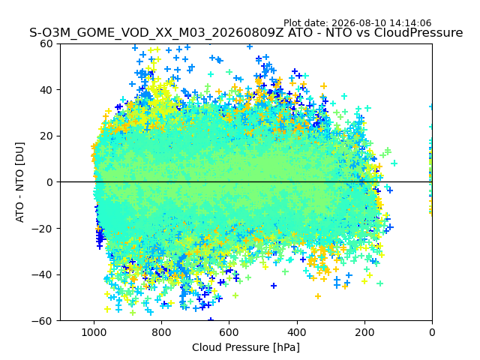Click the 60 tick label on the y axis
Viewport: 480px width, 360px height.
pos(46,43)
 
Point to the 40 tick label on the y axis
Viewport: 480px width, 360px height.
pos(46,90)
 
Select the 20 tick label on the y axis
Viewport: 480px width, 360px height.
pos(46,136)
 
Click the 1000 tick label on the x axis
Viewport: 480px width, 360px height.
pos(94,332)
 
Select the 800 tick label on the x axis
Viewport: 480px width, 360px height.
pos(162,332)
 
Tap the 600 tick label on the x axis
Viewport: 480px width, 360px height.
pos(229,332)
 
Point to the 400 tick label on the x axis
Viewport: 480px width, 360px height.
pos(297,332)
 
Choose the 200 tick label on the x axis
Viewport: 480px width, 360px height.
pos(364,332)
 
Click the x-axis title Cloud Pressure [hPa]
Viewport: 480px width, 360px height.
pos(246,348)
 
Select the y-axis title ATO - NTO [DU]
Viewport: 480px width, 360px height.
pos(20,182)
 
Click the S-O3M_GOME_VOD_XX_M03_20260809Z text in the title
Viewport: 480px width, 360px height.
pos(157,33)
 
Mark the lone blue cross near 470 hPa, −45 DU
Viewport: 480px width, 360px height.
pos(274,286)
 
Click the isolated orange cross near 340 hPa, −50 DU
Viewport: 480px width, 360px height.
pos(318,296)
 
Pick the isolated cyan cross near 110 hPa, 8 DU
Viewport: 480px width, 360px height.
pos(394,163)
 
